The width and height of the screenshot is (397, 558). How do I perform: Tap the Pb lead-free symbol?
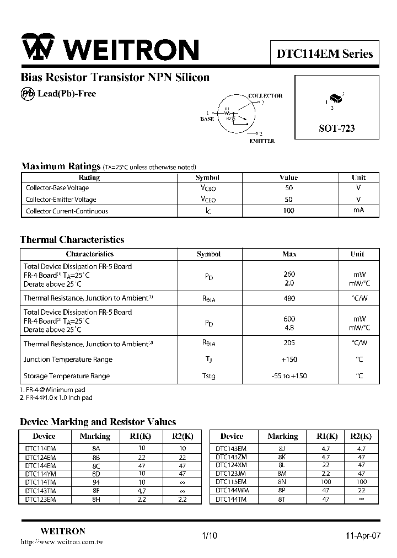(28, 94)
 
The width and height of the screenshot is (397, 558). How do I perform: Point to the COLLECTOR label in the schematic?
(265, 96)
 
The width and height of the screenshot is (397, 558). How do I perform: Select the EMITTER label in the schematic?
(261, 141)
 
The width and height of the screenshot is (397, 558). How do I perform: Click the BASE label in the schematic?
(207, 119)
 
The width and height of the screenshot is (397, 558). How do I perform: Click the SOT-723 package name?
(336, 128)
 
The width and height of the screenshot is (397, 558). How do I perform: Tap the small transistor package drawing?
(335, 100)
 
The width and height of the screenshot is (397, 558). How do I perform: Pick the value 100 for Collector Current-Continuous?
(289, 211)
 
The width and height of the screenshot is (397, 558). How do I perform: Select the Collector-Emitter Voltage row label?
(61, 200)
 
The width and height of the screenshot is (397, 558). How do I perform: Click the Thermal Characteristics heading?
(72, 240)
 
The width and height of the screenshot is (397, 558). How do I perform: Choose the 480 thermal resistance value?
(289, 298)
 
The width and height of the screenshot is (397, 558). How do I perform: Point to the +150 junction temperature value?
(289, 360)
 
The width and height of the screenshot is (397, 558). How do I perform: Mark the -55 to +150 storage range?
(289, 376)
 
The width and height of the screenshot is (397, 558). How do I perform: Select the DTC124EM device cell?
(40, 457)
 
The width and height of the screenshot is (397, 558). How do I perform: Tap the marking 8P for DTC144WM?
(282, 491)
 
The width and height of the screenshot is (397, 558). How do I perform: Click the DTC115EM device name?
(231, 482)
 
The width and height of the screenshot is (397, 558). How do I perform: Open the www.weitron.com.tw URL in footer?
(61, 542)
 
